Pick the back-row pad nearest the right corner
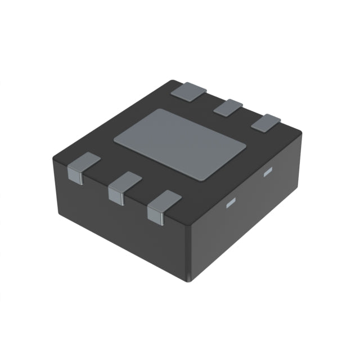(265, 122)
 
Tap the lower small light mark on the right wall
(229, 204)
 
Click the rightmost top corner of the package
(301, 133)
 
